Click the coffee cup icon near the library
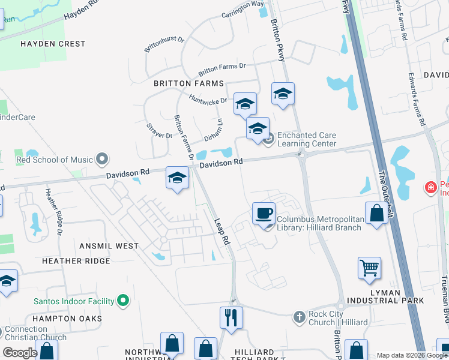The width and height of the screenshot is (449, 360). pyautogui.click(x=264, y=214)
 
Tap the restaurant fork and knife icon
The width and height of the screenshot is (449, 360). pyautogui.click(x=231, y=316)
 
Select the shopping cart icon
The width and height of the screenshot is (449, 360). pyautogui.click(x=369, y=268)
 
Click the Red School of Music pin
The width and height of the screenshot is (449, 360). pyautogui.click(x=102, y=160)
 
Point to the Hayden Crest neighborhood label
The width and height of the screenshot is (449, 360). pyautogui.click(x=53, y=44)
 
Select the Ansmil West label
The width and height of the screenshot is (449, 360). pyautogui.click(x=109, y=246)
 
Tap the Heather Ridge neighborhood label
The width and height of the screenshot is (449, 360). pyautogui.click(x=76, y=261)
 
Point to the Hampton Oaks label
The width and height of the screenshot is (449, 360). pyautogui.click(x=67, y=318)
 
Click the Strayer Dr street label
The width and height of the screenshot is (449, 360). pyautogui.click(x=160, y=131)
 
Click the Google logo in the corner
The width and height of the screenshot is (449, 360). pyautogui.click(x=20, y=353)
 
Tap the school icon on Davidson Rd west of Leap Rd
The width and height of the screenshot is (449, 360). pyautogui.click(x=177, y=178)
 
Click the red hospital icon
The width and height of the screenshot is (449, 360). pyautogui.click(x=430, y=188)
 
